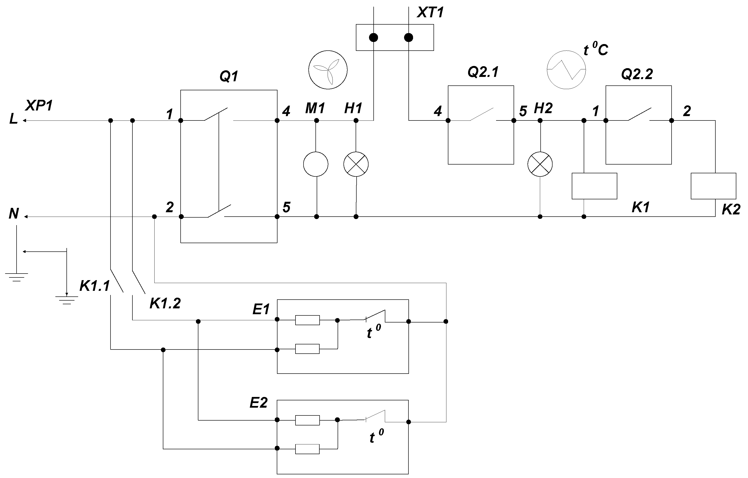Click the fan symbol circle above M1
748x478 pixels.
pyautogui.click(x=328, y=70)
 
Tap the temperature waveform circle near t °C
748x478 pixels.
pyautogui.click(x=566, y=70)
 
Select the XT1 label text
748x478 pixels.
pyautogui.click(x=430, y=12)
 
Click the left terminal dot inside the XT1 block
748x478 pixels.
pyautogui.click(x=373, y=37)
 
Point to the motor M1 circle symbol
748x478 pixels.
pyautogui.click(x=316, y=164)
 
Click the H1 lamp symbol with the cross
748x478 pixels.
pyautogui.click(x=356, y=164)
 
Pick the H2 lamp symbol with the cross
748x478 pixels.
pyautogui.click(x=540, y=164)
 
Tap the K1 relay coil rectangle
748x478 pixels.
pyautogui.click(x=594, y=186)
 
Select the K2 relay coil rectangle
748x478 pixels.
pyautogui.click(x=713, y=186)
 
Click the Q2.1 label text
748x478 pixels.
pyautogui.click(x=483, y=72)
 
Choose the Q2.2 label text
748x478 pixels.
pyautogui.click(x=637, y=74)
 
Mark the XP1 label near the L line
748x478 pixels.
pyautogui.click(x=39, y=106)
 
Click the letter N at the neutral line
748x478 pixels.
pyautogui.click(x=14, y=214)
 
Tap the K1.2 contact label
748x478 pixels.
pyautogui.click(x=165, y=303)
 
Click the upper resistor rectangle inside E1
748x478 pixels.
pyautogui.click(x=307, y=320)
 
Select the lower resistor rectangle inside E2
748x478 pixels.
pyautogui.click(x=307, y=449)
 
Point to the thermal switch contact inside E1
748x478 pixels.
pyautogui.click(x=375, y=316)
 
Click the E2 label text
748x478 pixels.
pyautogui.click(x=259, y=403)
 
